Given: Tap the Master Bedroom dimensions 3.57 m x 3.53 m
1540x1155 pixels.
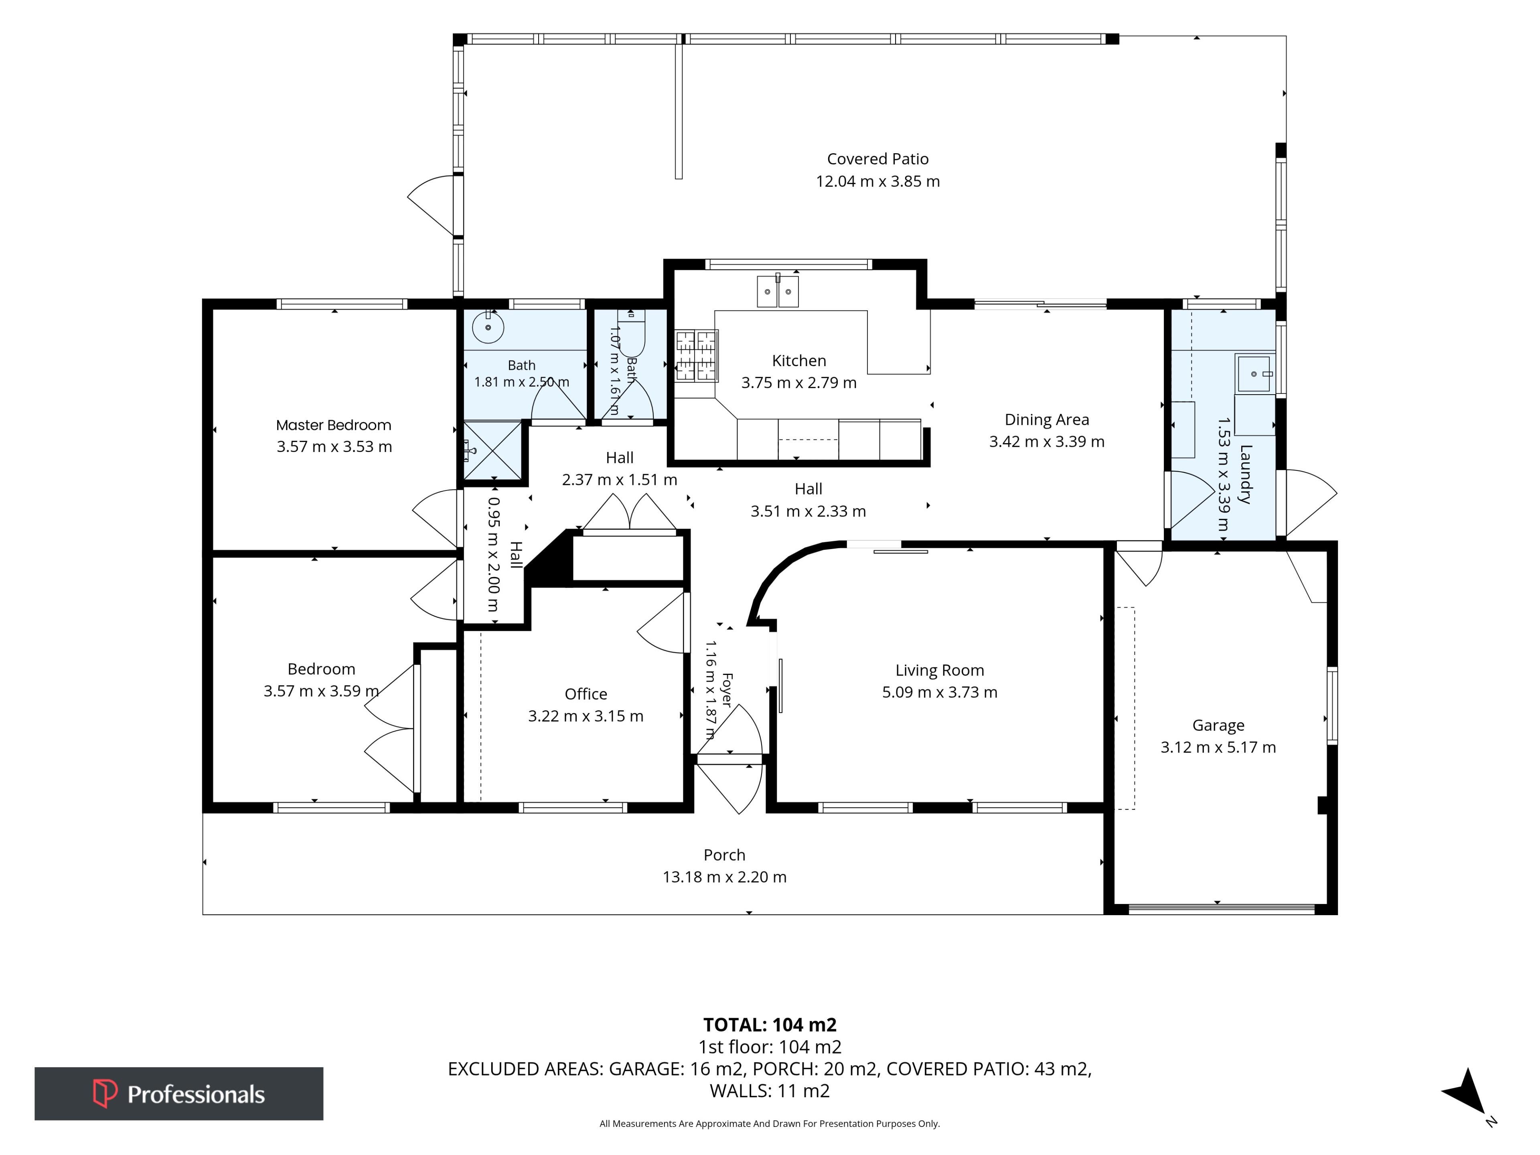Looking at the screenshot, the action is click(x=334, y=447).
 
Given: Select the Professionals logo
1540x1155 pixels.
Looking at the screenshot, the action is click(x=179, y=1094).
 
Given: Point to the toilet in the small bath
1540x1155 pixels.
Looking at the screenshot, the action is click(x=632, y=333).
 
